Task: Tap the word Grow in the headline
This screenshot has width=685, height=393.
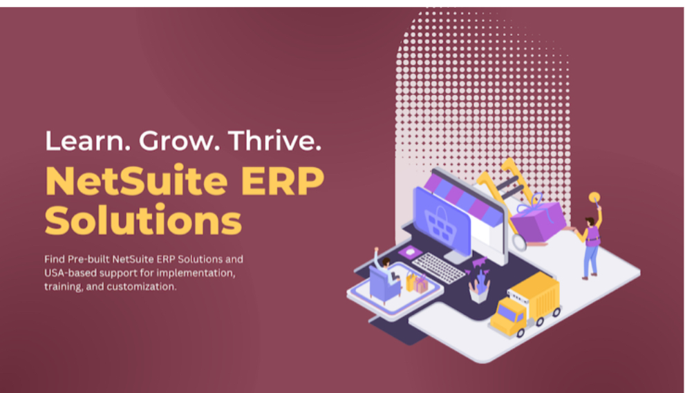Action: (x=177, y=141)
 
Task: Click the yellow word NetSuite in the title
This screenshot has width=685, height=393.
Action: (x=136, y=180)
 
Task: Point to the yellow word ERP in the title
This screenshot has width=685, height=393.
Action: (x=283, y=181)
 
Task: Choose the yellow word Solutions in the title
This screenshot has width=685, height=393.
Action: (x=143, y=220)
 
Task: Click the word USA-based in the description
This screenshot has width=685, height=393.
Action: (x=71, y=273)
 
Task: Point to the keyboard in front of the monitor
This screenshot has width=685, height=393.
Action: (x=439, y=267)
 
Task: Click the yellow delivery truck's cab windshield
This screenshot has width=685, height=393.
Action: (x=507, y=312)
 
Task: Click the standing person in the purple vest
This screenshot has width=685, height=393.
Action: (x=590, y=245)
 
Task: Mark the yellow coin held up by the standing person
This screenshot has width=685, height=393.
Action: (x=594, y=198)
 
